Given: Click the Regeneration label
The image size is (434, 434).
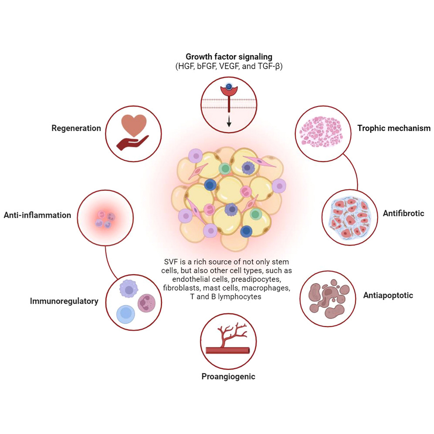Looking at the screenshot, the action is pos(76,128).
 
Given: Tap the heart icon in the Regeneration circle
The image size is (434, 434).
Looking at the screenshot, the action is pos(134,125).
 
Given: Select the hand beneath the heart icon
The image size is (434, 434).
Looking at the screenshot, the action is pos(132,142).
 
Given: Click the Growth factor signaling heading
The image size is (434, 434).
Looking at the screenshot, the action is pos(229,57).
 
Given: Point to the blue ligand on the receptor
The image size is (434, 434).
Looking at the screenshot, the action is pos(229,87).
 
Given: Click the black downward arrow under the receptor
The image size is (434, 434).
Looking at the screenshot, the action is pos(229,121).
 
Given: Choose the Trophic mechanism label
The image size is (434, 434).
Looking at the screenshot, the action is pos(394,128).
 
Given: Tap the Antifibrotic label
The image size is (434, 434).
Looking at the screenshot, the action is pos(403,214).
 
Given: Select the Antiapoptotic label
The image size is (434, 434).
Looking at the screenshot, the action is pos(388,295).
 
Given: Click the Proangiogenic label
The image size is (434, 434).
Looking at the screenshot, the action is pos(228,377).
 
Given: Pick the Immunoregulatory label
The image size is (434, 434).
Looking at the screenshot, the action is pos(64,301).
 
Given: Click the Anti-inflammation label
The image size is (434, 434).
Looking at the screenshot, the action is pos(37,215).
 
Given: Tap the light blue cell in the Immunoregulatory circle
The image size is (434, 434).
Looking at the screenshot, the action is pos(125,314).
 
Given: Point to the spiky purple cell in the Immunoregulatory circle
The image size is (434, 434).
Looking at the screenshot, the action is pos(129,289).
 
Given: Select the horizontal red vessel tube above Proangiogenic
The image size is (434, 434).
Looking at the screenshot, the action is pos(228,351).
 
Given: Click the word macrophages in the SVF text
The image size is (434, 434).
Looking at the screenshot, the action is pos(266,288).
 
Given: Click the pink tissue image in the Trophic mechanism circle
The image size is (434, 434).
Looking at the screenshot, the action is pos(321,132).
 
